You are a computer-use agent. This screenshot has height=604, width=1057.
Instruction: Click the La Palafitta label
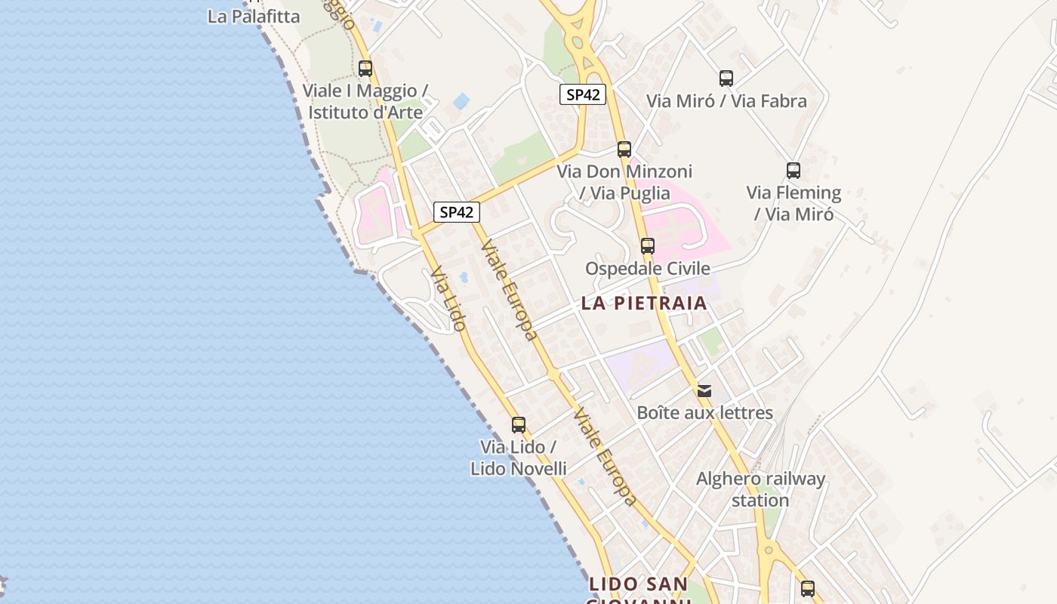tap(254, 16)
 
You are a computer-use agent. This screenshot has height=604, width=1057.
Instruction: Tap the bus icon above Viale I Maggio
tap(365, 69)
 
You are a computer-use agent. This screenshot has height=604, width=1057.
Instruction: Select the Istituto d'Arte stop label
tap(365, 102)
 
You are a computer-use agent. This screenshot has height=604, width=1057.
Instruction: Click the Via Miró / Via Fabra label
tap(726, 101)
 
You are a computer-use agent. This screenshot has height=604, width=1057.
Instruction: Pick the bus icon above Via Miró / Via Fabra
tap(726, 78)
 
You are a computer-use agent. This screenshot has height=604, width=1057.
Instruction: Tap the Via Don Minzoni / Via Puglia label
tap(624, 183)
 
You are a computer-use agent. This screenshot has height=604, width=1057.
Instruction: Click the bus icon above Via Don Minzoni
tap(624, 149)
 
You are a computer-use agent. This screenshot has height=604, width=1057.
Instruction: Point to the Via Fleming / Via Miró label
tap(794, 203)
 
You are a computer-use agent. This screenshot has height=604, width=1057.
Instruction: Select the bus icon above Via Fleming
tap(793, 171)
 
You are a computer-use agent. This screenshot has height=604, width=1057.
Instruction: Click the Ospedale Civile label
tap(648, 269)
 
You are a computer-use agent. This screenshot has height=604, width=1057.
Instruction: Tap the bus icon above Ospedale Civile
tap(648, 245)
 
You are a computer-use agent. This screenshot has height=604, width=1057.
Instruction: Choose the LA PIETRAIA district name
tap(644, 304)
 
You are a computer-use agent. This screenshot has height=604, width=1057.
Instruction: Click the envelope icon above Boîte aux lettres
tap(704, 390)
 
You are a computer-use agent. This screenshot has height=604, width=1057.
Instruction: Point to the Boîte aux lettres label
tap(705, 413)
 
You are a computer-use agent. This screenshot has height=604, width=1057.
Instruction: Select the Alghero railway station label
tap(760, 489)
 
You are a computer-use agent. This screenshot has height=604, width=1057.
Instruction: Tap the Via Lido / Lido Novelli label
tap(518, 458)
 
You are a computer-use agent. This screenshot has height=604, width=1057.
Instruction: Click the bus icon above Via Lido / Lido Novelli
tap(519, 424)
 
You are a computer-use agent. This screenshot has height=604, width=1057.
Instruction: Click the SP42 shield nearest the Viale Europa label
tap(456, 212)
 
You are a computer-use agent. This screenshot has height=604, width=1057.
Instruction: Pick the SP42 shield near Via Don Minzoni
tap(582, 94)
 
